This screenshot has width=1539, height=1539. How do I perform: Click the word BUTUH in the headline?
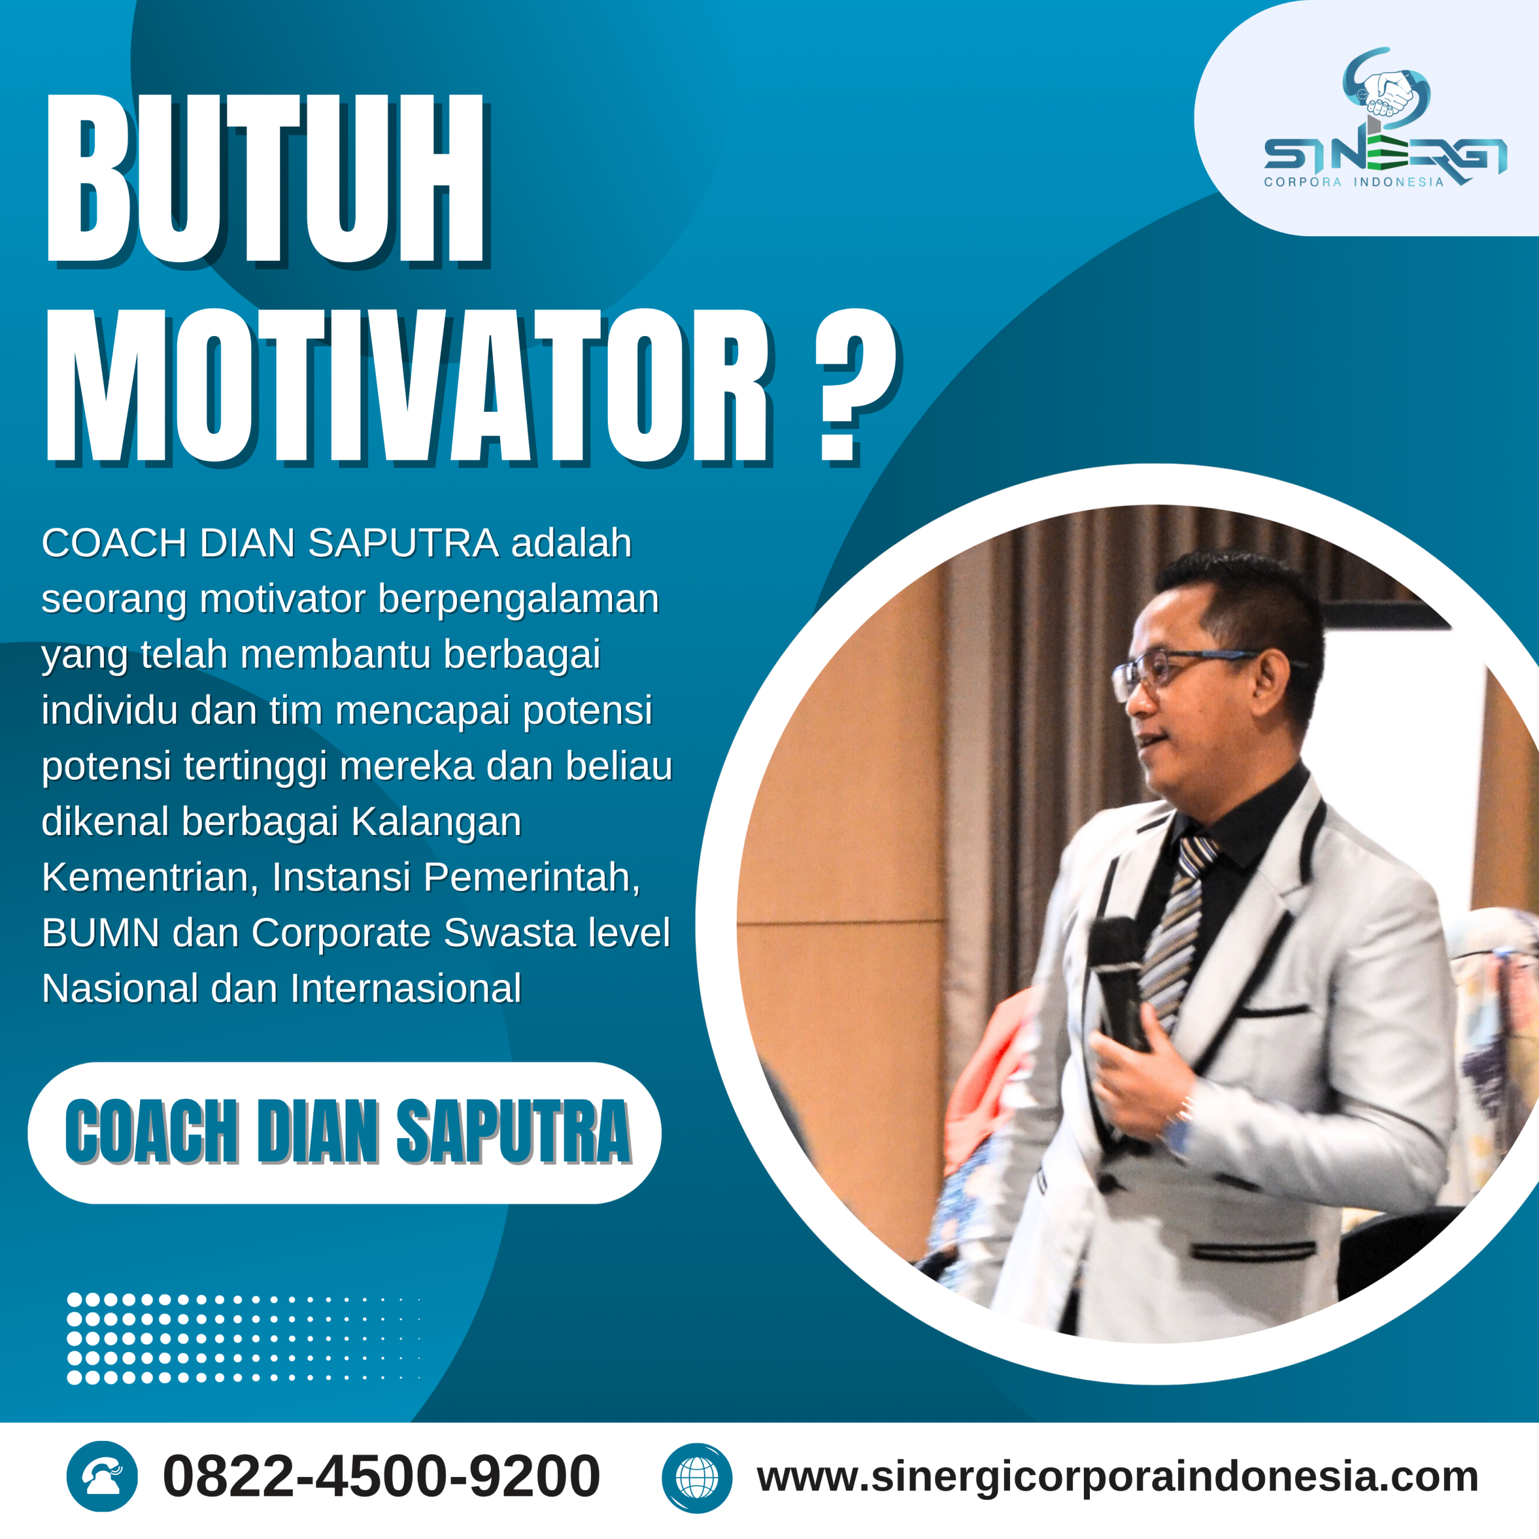pos(265,179)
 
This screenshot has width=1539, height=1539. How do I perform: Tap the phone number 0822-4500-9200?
pos(381,1476)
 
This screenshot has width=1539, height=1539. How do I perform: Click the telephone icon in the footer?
pos(102,1476)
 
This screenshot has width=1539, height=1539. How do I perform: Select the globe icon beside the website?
pos(696,1478)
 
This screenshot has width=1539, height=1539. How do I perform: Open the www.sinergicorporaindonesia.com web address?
pos(1117,1476)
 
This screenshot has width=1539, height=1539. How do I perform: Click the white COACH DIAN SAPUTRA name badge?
pos(344,1132)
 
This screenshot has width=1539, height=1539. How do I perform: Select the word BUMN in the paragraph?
pos(100,933)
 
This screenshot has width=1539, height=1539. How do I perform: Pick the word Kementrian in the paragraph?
pos(150,877)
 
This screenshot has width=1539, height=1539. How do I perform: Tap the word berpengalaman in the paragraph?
pos(518,599)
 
